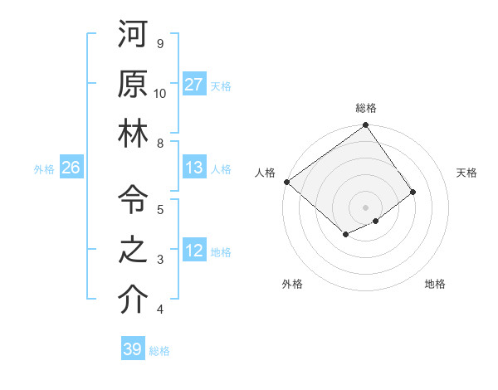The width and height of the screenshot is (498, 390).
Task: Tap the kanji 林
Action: [x=133, y=135]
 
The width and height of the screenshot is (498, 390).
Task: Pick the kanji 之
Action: [x=133, y=251]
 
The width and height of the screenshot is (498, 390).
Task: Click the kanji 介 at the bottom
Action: [x=133, y=300]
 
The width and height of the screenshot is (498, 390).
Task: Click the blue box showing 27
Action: [x=194, y=85]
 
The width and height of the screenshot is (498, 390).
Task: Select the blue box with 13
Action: [x=194, y=168]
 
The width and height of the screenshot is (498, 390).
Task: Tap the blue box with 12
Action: [x=194, y=251]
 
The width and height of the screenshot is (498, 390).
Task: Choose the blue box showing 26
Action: [x=71, y=168]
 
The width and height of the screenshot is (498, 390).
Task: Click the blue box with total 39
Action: [x=133, y=349]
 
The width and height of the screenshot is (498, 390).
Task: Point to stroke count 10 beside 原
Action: [x=160, y=93]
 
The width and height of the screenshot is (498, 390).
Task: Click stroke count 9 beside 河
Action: [x=160, y=43]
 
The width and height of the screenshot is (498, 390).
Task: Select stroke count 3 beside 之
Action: [x=160, y=260]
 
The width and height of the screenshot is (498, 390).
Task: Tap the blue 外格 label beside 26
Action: [x=44, y=168]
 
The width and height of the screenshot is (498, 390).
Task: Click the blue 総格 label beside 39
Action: [x=160, y=350]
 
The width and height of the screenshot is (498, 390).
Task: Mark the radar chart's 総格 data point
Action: [x=365, y=126]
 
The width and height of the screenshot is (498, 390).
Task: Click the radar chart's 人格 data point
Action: [x=286, y=182]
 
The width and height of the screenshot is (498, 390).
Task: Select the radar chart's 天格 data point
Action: [x=413, y=192]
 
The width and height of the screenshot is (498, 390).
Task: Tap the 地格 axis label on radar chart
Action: [x=435, y=284]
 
